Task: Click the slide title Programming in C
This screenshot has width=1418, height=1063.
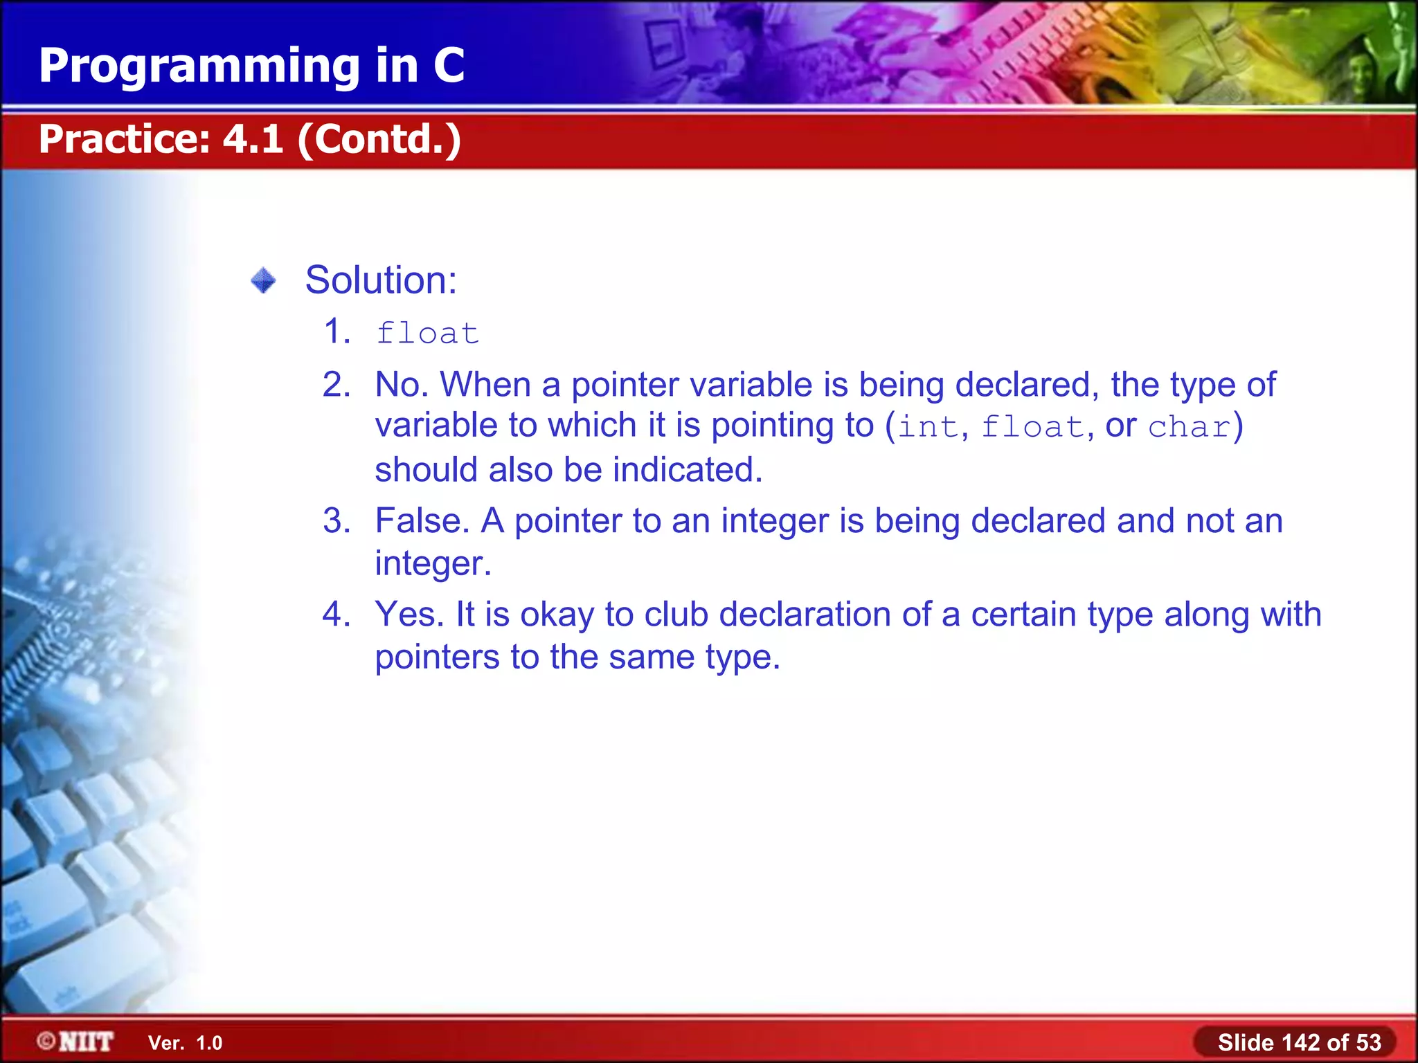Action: coord(251,66)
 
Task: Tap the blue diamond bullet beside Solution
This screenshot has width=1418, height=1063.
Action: coord(263,281)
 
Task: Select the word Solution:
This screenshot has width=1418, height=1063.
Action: coord(381,280)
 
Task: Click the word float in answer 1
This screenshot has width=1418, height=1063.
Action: coord(427,334)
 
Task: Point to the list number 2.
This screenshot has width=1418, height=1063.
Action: coord(336,385)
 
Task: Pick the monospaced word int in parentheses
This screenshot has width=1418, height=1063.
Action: coord(927,427)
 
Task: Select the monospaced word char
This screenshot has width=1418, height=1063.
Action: coord(1189,427)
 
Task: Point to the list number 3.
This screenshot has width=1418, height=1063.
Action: coord(336,521)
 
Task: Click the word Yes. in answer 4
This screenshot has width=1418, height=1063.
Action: coord(409,615)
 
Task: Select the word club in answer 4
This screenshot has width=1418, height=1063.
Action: coord(676,615)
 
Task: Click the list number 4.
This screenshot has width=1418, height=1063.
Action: coord(336,615)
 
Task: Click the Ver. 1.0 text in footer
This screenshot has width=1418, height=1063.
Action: coord(185,1043)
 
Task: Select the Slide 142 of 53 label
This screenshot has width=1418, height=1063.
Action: coord(1299,1042)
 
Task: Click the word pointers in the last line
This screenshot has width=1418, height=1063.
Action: coord(437,657)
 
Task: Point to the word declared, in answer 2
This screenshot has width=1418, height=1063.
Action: coord(1027,385)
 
